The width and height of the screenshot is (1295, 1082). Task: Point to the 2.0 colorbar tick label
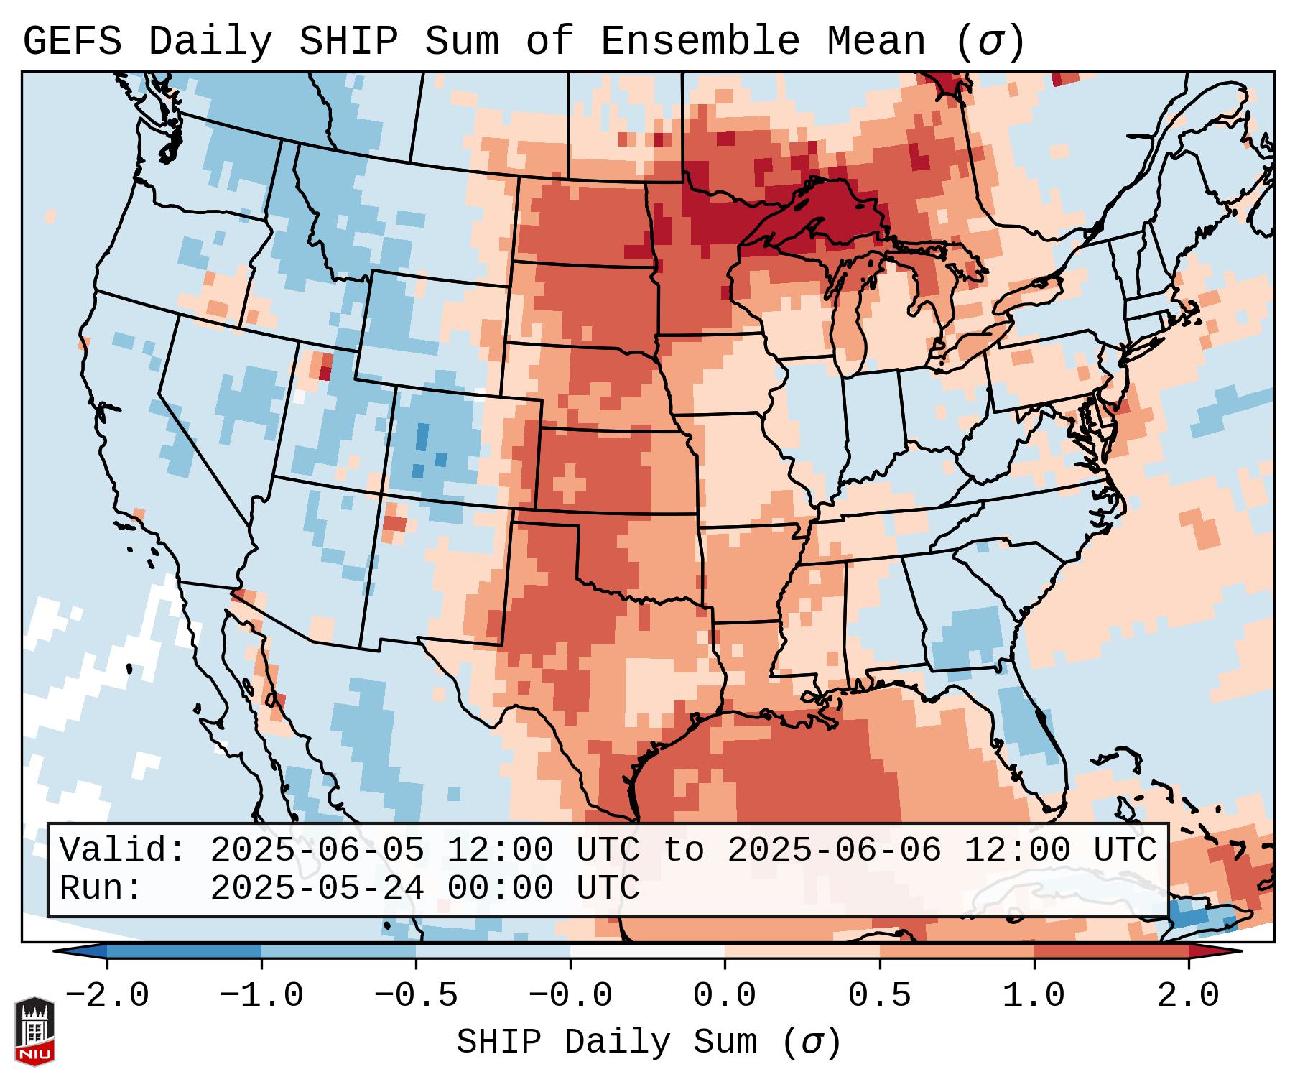1188,996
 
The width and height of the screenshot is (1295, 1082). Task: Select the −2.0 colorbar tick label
107,996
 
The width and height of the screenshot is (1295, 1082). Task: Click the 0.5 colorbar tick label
879,996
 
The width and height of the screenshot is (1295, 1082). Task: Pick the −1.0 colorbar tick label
261,996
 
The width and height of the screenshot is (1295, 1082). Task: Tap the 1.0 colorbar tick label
1034,996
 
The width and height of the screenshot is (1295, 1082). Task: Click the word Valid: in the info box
123,851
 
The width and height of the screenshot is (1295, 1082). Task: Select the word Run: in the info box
101,889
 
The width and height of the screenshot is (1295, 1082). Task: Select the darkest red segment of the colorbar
1214,951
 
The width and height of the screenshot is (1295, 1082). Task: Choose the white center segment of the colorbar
647,951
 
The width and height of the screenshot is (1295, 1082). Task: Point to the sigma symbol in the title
990,42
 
